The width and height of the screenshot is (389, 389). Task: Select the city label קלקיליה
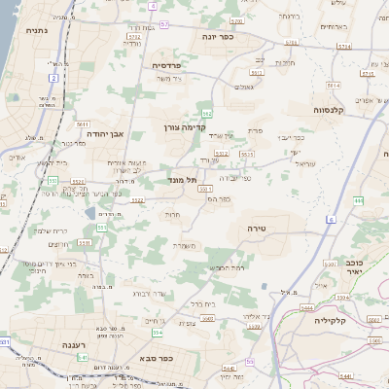click(x=331, y=319)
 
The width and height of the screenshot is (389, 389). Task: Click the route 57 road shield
click(x=163, y=24)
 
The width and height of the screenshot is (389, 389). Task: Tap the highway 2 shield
click(x=54, y=77)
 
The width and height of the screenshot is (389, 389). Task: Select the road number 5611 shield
click(x=83, y=124)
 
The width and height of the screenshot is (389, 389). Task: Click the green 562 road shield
click(x=206, y=114)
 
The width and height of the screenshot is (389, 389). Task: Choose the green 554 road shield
click(x=157, y=333)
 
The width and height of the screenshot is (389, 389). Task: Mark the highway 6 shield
click(x=331, y=220)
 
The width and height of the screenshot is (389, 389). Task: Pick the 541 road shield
click(x=83, y=357)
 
